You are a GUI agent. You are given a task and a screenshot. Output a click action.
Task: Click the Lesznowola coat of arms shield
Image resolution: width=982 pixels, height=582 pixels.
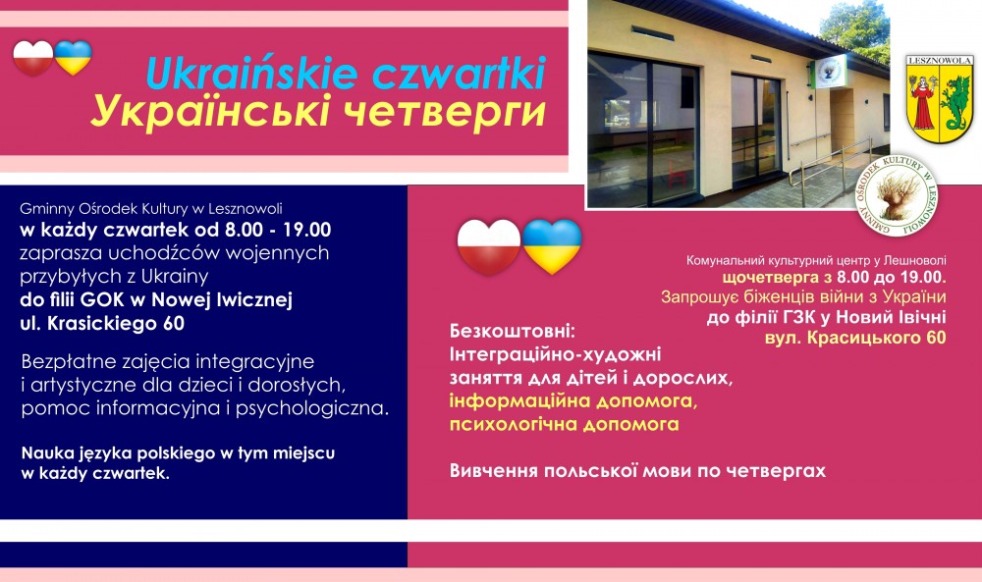point(940,98)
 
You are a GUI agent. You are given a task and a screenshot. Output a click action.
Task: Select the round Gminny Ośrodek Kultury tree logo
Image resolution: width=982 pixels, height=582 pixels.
point(897,195)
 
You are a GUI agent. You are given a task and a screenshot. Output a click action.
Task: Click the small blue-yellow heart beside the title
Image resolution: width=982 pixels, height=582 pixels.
point(73,58)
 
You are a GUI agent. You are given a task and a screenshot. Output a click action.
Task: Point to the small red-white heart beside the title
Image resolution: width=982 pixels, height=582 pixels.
point(33,58)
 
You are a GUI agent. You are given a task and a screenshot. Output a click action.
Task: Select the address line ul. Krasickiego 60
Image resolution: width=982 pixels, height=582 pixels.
point(102,324)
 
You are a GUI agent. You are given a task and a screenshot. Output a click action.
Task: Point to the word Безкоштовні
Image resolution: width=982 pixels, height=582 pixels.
point(512,331)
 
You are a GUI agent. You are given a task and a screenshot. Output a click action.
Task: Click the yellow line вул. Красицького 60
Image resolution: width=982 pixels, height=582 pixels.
point(855,338)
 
